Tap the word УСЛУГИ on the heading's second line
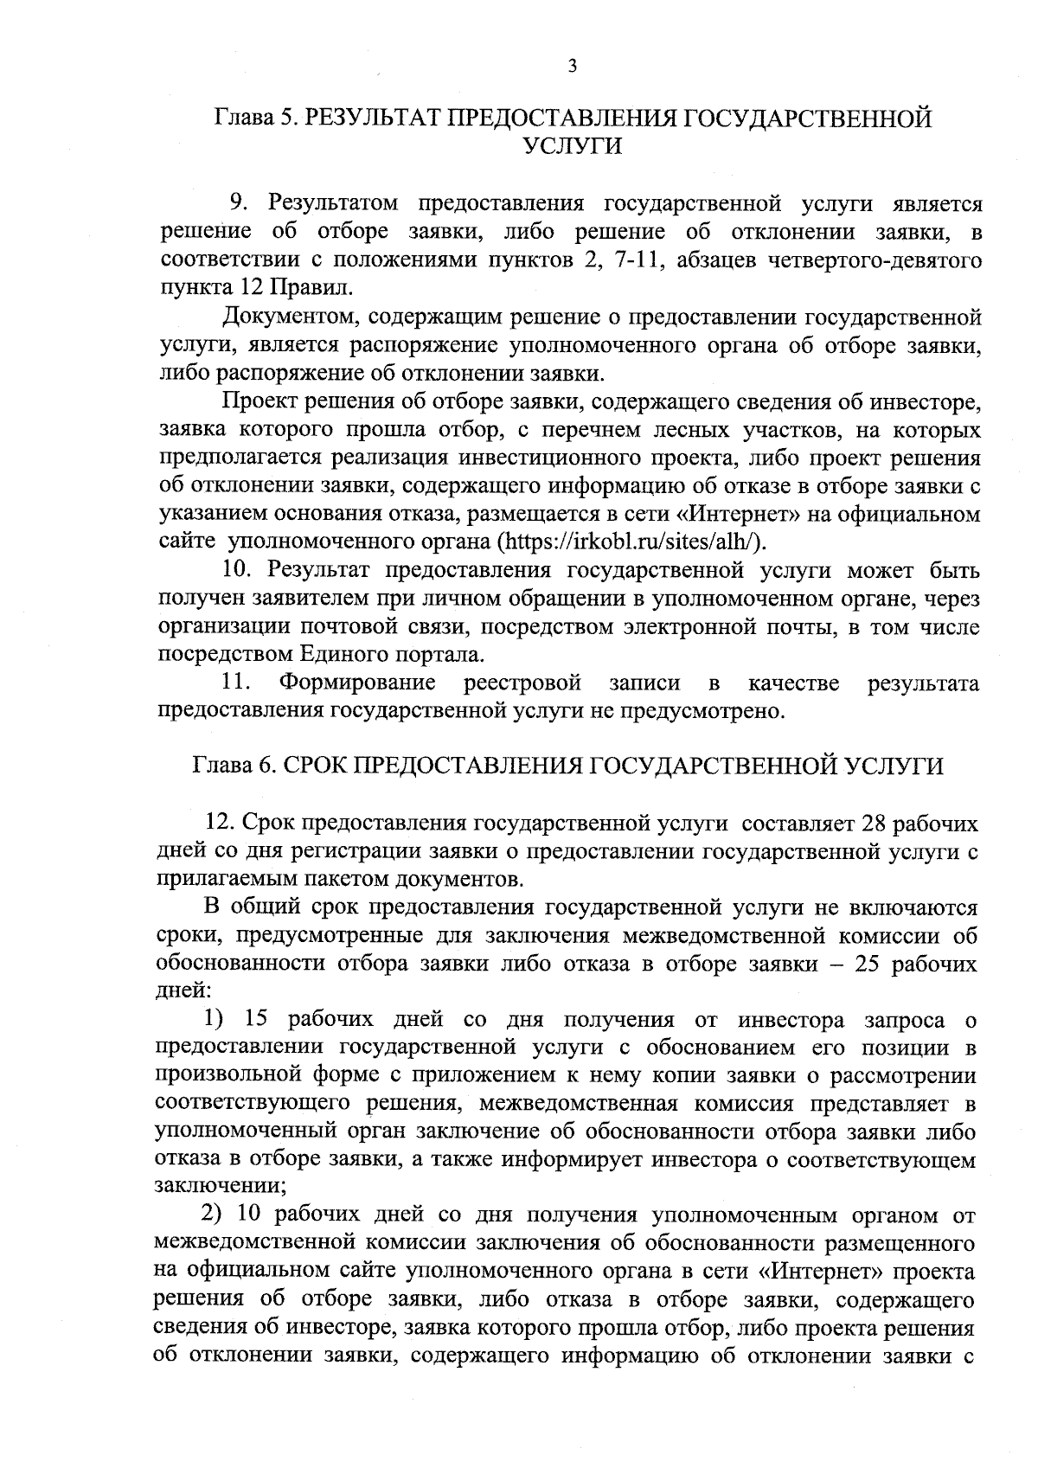pyautogui.click(x=573, y=147)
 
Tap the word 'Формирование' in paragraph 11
pyautogui.click(x=357, y=683)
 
